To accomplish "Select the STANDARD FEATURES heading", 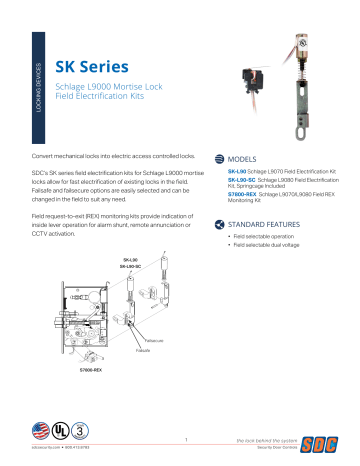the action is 268,224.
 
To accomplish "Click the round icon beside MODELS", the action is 219,159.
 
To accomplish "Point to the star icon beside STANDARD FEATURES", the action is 219,224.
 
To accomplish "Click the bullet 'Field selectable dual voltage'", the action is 268,245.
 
